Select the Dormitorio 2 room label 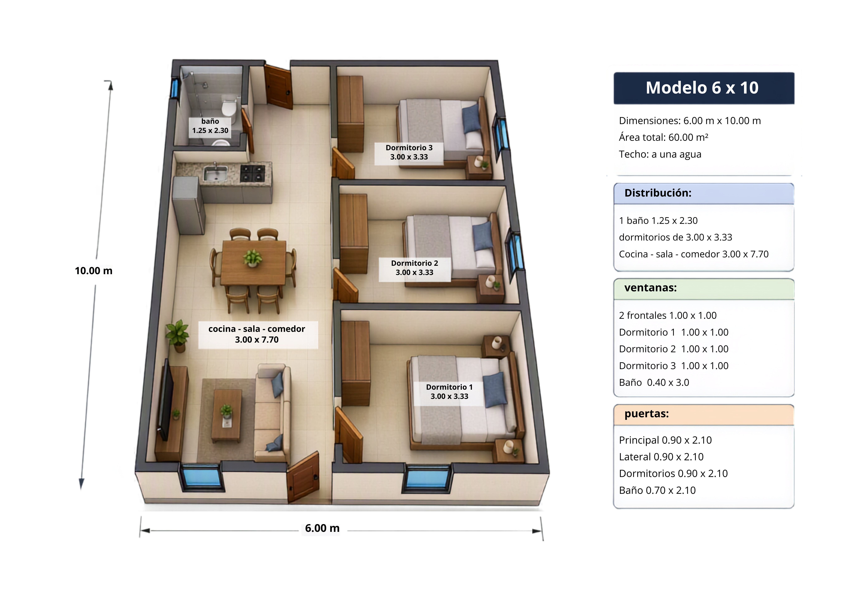click(x=415, y=268)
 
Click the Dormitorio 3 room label click(x=409, y=152)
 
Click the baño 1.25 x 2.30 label click(x=210, y=126)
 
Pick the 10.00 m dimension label click(x=94, y=271)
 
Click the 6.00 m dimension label click(x=322, y=528)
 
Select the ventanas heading click(x=651, y=287)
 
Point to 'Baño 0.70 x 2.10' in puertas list click(x=657, y=490)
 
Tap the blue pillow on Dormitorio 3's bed click(x=471, y=118)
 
